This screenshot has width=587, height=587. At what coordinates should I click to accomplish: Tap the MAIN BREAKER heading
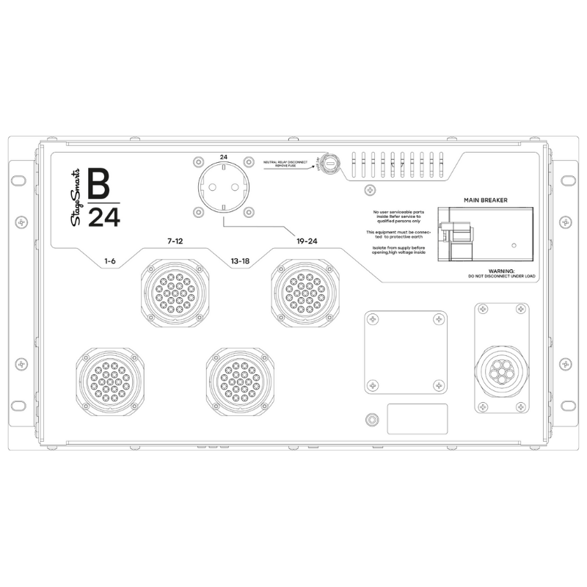click(x=486, y=200)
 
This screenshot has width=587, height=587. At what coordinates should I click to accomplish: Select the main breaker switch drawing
click(x=458, y=233)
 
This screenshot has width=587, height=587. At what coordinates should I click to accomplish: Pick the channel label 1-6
click(x=111, y=261)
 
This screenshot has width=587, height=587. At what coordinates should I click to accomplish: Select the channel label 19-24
click(x=307, y=241)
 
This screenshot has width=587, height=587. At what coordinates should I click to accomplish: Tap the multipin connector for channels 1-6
click(x=110, y=377)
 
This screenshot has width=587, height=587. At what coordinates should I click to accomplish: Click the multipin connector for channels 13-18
click(x=241, y=377)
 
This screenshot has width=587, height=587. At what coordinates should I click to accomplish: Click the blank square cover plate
click(x=406, y=351)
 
